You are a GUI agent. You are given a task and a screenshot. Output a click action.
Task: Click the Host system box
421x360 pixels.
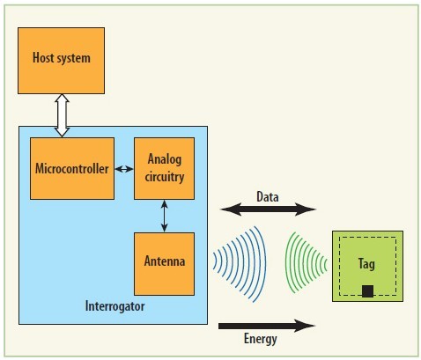click(61, 61)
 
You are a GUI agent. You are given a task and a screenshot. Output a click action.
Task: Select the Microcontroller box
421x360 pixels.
click(72, 168)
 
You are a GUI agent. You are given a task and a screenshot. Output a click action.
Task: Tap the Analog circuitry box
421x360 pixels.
click(164, 168)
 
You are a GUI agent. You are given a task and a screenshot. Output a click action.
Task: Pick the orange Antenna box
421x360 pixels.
click(164, 264)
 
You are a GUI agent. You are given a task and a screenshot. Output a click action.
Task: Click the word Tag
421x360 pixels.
click(366, 264)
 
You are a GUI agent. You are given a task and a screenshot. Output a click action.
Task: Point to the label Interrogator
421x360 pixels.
click(114, 306)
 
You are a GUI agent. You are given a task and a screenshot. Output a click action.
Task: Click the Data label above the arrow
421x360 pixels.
click(268, 196)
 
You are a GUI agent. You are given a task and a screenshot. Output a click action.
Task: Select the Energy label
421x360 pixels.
click(261, 339)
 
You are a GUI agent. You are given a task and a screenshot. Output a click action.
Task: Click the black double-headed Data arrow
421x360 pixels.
click(268, 209)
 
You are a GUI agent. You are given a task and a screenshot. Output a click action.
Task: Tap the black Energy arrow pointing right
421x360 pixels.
click(267, 326)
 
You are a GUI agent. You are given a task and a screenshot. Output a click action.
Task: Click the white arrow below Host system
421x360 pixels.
click(62, 115)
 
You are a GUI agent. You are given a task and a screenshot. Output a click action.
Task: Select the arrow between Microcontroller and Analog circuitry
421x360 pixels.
click(124, 169)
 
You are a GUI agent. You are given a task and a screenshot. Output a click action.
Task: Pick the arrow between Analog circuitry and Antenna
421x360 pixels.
click(165, 216)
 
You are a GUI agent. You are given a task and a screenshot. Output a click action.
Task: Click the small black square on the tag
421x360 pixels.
click(367, 291)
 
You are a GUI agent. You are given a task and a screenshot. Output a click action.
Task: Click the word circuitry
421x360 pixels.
click(165, 177)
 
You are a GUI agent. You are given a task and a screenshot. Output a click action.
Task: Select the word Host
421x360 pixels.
click(43, 57)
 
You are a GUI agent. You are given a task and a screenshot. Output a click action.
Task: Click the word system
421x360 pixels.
click(73, 58)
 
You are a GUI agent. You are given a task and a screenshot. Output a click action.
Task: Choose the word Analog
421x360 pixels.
click(165, 159)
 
